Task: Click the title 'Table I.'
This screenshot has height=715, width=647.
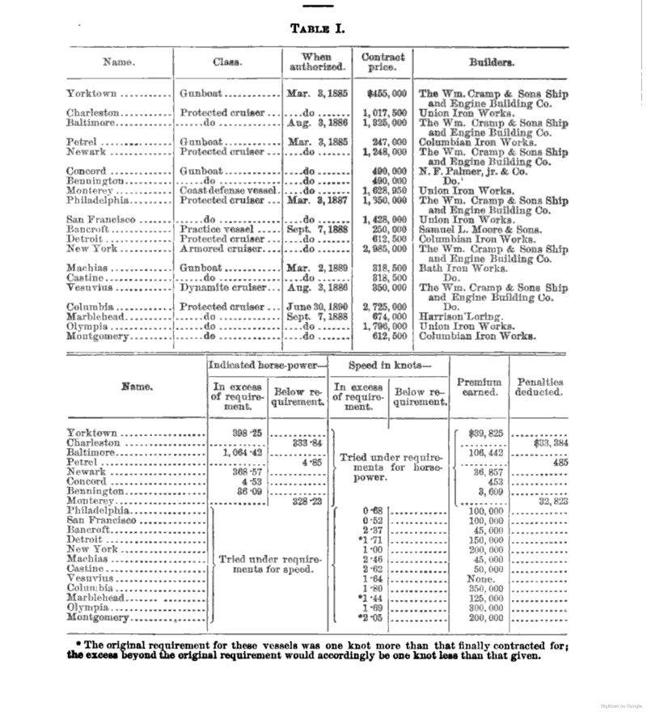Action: tap(317, 28)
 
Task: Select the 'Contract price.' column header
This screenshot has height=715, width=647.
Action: tap(383, 62)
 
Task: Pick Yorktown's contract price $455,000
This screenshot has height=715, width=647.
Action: tap(386, 94)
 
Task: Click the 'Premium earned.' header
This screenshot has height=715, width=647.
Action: tap(479, 387)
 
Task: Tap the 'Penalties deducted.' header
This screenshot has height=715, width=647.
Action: tap(540, 387)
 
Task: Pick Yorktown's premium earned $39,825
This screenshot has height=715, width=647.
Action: tap(484, 433)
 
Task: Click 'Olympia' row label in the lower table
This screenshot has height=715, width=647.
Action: tap(89, 607)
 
